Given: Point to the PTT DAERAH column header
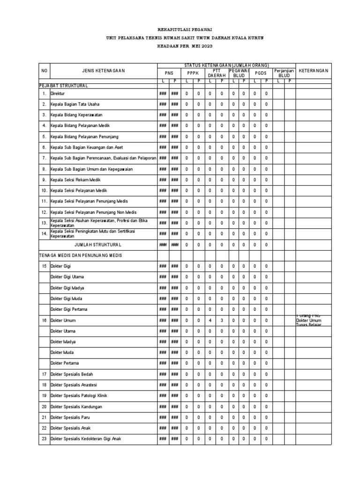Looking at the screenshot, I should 216,73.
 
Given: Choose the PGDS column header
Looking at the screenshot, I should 260,73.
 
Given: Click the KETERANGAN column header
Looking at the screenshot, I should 314,71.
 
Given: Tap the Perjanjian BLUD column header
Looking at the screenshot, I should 284,73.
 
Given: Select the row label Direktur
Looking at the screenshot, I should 59,94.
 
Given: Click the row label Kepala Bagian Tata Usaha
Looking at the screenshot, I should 75,104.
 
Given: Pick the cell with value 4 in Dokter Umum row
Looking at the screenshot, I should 210,320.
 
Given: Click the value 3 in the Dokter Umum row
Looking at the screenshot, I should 222,320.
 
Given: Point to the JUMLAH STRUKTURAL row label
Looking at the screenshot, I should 98,244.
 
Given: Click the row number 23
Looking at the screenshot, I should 44,439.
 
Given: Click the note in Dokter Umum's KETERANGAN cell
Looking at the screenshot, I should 309,320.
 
